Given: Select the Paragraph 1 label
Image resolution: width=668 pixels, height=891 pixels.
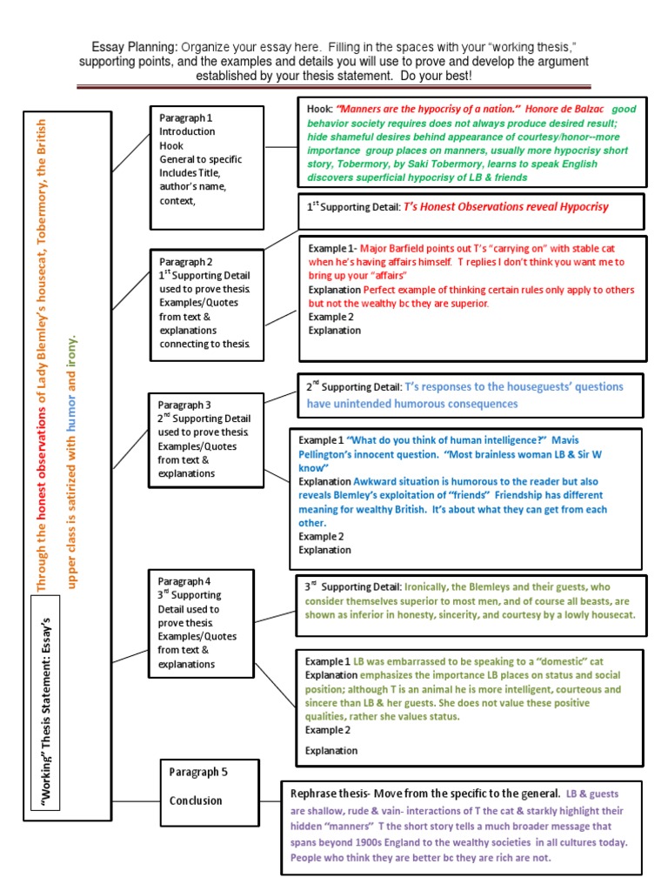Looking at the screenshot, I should pos(186,117).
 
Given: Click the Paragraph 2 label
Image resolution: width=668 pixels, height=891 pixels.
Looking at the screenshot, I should pos(186,261).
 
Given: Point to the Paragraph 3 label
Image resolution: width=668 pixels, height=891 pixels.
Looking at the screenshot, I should pos(184,405).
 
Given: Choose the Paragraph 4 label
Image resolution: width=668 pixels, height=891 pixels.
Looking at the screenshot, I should pos(184,581).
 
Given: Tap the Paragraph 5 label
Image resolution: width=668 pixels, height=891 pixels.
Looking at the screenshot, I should pos(198,772).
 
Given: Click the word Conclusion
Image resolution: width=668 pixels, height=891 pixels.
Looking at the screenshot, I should pos(196,801).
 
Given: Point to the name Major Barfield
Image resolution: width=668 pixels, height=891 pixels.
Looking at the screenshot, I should pos(392,248).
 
